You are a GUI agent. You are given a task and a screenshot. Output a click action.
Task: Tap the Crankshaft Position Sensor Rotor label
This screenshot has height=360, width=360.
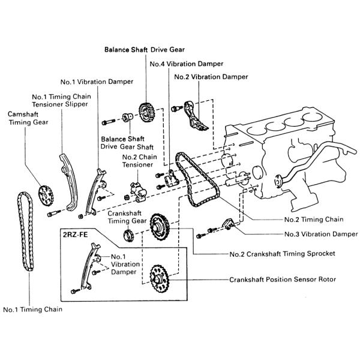282,280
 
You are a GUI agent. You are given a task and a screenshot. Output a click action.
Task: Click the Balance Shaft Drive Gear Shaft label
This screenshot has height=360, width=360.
127,143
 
